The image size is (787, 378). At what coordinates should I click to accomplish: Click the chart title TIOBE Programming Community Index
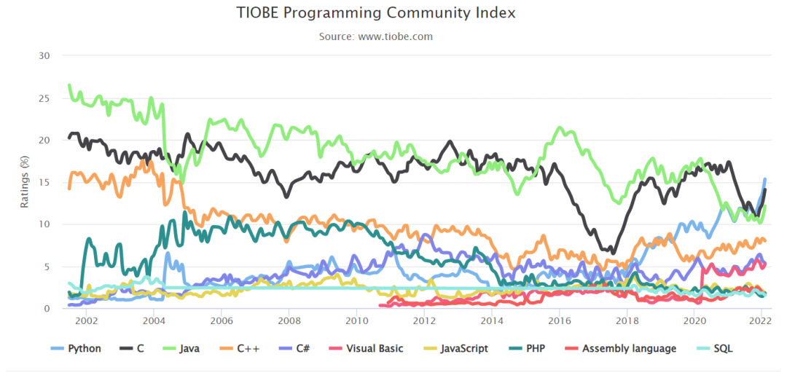[x=376, y=13]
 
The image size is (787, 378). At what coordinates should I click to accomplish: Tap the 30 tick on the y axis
[x=45, y=56]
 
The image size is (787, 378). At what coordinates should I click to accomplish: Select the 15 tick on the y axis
[x=45, y=182]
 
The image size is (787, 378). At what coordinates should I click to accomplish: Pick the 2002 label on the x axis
[x=86, y=321]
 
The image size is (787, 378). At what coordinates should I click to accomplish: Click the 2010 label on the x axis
[x=356, y=321]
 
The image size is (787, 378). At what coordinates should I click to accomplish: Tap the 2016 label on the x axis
[x=559, y=321]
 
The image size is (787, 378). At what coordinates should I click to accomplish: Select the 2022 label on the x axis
[x=761, y=321]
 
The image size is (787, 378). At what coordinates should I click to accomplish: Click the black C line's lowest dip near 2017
[x=612, y=253]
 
